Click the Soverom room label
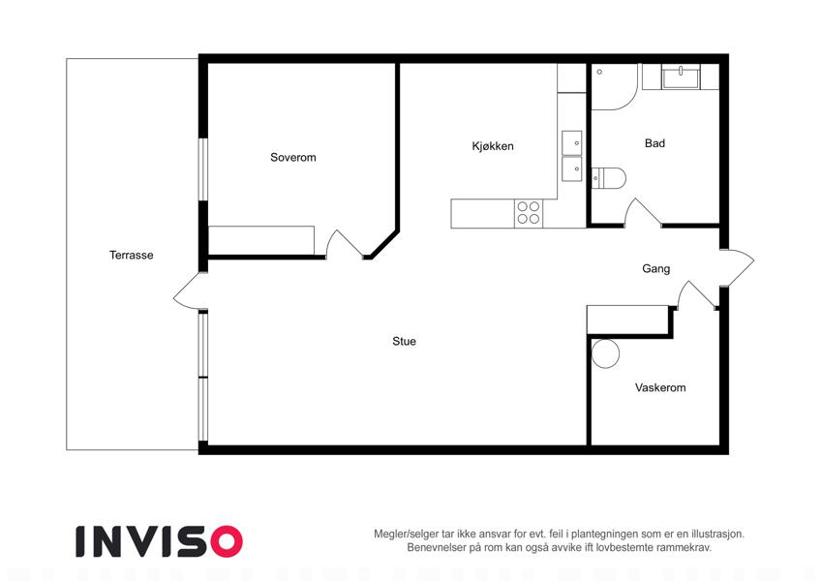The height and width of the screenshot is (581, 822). (x=293, y=157)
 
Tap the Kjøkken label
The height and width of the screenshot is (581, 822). (x=493, y=146)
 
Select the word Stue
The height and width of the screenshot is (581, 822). (x=404, y=342)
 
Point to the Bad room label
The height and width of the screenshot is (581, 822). (x=655, y=143)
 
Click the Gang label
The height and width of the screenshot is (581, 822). (x=655, y=269)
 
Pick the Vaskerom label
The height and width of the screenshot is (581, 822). (x=660, y=388)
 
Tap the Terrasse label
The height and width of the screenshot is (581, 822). (x=131, y=256)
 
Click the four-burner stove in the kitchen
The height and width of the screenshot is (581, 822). (x=529, y=213)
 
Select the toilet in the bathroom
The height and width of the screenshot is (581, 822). (x=609, y=178)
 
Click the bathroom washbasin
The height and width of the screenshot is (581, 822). (x=681, y=77)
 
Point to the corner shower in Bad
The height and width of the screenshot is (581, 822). (x=615, y=87)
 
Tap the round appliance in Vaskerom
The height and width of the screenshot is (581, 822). (x=605, y=353)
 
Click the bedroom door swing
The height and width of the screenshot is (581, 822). (x=344, y=244)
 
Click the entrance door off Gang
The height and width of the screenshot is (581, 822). (x=738, y=268)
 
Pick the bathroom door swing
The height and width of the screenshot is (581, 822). (x=642, y=213)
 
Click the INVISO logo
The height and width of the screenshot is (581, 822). (x=160, y=541)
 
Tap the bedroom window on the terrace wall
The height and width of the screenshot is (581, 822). (x=203, y=168)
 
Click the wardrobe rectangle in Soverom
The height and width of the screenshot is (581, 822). (x=261, y=241)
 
